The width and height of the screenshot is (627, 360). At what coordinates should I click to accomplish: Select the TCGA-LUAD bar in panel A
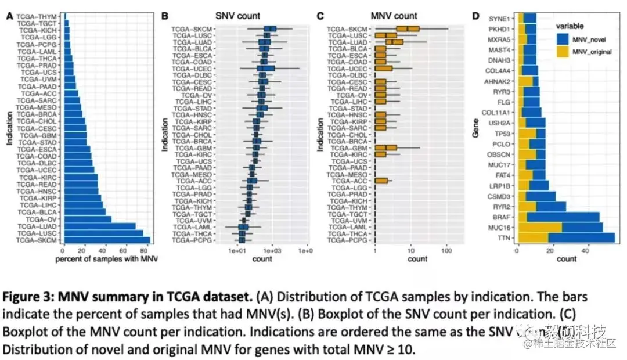[99, 226]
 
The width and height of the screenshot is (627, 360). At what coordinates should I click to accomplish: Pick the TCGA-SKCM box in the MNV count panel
[408, 28]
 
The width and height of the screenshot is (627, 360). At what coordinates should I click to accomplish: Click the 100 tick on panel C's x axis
[446, 251]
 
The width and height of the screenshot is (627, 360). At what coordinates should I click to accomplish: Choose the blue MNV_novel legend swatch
[562, 40]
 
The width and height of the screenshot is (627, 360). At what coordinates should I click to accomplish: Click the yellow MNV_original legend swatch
[562, 53]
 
